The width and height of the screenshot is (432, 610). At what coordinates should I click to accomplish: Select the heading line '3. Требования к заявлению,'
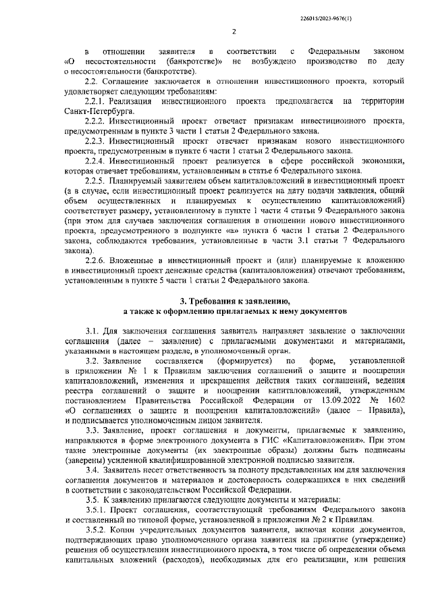coord(234,301)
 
